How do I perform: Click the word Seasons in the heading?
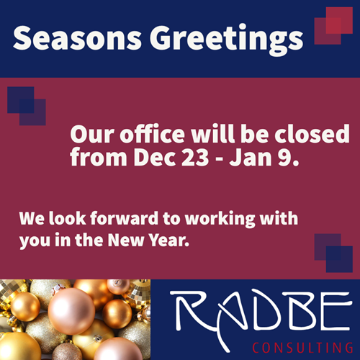click(77, 38)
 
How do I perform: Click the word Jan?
click(251, 158)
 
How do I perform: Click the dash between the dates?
click(219, 159)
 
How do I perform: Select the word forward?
click(124, 218)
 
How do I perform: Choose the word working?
click(220, 219)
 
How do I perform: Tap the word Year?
click(168, 240)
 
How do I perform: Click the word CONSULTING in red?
click(302, 348)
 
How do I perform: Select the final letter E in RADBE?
click(336, 312)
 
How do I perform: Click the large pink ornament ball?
click(71, 311)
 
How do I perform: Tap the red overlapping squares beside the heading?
click(333, 26)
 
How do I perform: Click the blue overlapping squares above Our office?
click(27, 106)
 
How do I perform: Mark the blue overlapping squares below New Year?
click(333, 253)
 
